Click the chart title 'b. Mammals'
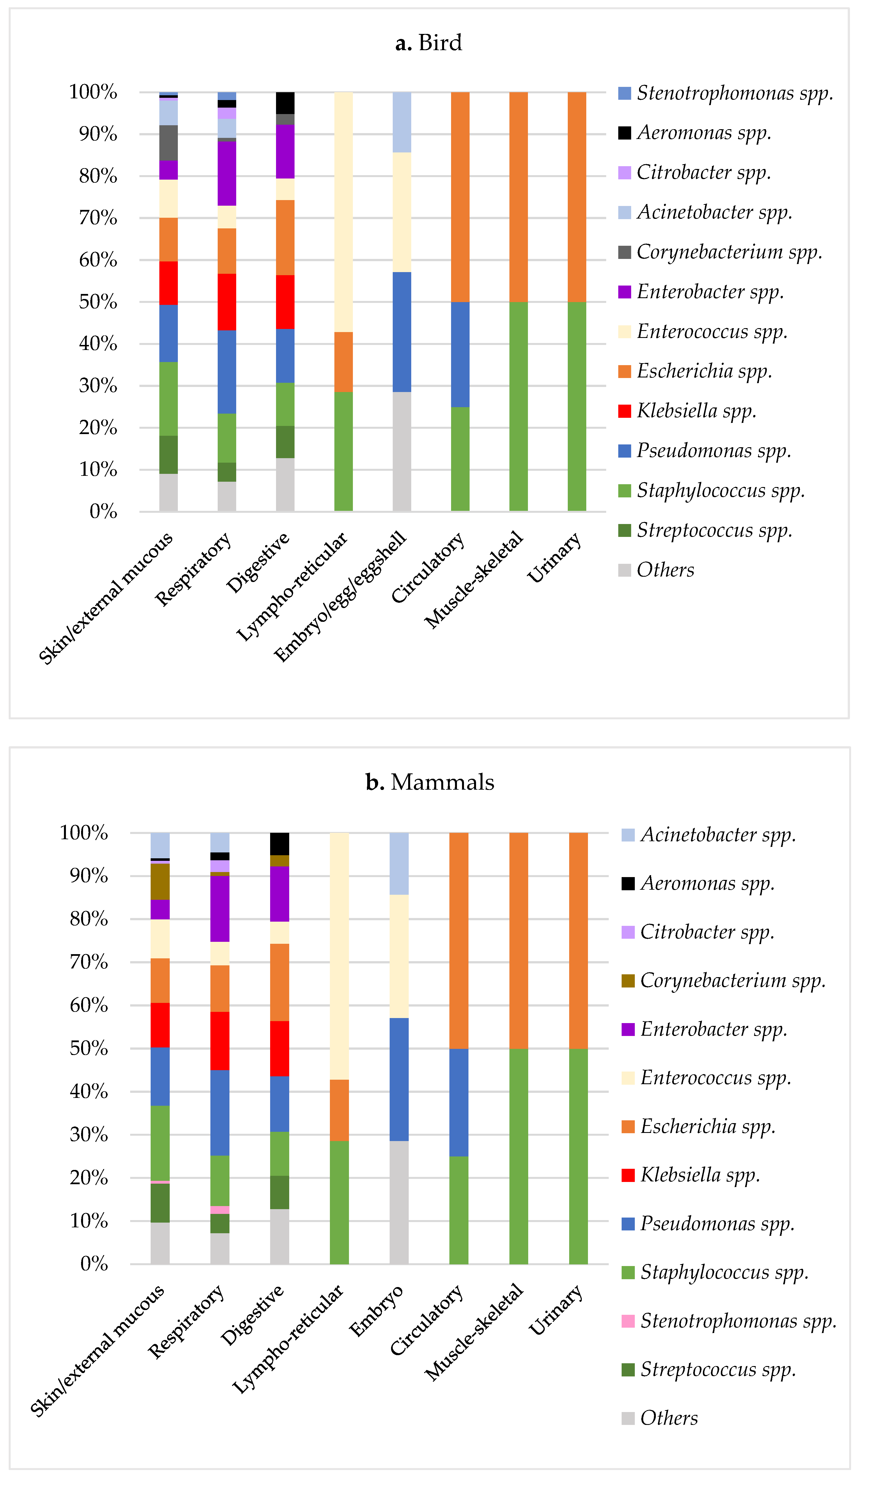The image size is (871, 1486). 430,782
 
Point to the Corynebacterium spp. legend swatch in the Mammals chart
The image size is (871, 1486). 628,981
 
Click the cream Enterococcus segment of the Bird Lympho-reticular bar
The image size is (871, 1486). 343,212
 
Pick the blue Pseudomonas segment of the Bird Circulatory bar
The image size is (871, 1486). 460,354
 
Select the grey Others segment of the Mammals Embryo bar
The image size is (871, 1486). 399,1203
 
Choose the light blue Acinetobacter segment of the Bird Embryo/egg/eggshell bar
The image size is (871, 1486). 402,122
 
